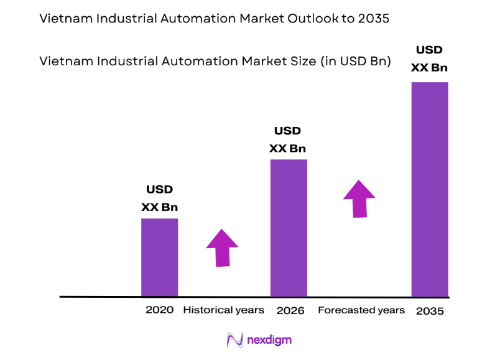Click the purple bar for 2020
(160, 257)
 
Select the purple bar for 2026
(289, 228)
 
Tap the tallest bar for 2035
(430, 189)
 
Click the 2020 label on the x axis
(160, 310)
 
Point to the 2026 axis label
(290, 310)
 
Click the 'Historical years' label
(223, 310)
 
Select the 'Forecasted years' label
(361, 310)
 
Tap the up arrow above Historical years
(222, 247)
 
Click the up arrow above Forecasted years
(359, 198)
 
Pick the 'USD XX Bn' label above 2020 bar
(159, 198)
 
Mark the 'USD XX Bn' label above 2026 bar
(287, 140)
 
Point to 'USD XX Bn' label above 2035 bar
(429, 58)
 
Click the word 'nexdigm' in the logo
(269, 340)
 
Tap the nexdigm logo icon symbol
(235, 340)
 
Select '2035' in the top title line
(374, 19)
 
